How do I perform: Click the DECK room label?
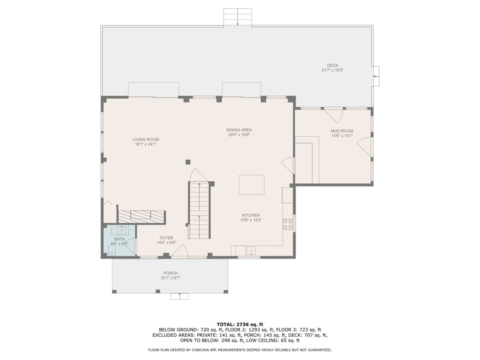click(x=332, y=66)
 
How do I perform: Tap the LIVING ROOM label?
click(x=146, y=140)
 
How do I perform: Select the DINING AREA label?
click(x=239, y=130)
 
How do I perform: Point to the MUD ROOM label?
click(x=342, y=131)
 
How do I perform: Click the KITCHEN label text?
click(x=251, y=215)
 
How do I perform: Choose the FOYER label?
click(x=166, y=238)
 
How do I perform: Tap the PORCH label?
click(x=170, y=273)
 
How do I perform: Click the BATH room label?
click(x=119, y=239)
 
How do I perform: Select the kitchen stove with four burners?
click(x=288, y=224)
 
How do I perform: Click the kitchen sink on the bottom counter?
click(x=251, y=251)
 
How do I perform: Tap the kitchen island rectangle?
click(x=252, y=184)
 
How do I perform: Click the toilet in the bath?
click(x=112, y=250)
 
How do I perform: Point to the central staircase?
click(x=199, y=210)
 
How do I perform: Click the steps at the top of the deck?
click(x=238, y=17)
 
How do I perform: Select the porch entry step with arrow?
click(x=180, y=296)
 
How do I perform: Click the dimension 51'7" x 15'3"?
click(x=332, y=70)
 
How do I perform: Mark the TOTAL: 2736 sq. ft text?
click(x=240, y=324)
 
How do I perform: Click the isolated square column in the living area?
click(x=188, y=162)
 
